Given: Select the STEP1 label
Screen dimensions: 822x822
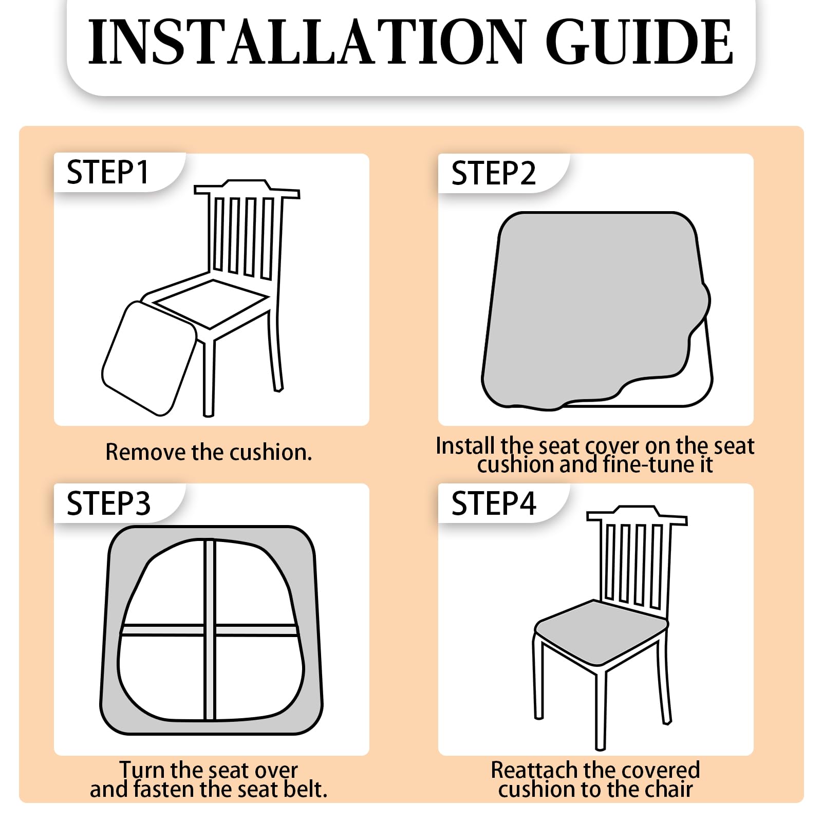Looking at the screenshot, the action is pyautogui.click(x=107, y=172).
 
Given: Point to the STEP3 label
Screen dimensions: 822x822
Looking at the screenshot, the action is pyautogui.click(x=108, y=503).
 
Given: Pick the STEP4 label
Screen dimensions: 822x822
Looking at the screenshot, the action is pyautogui.click(x=493, y=503).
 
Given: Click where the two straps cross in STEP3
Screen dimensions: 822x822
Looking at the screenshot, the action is pyautogui.click(x=210, y=630).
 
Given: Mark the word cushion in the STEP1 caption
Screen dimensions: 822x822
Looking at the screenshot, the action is pyautogui.click(x=271, y=452).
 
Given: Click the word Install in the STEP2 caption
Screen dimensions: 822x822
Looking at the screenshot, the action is pyautogui.click(x=466, y=445).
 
